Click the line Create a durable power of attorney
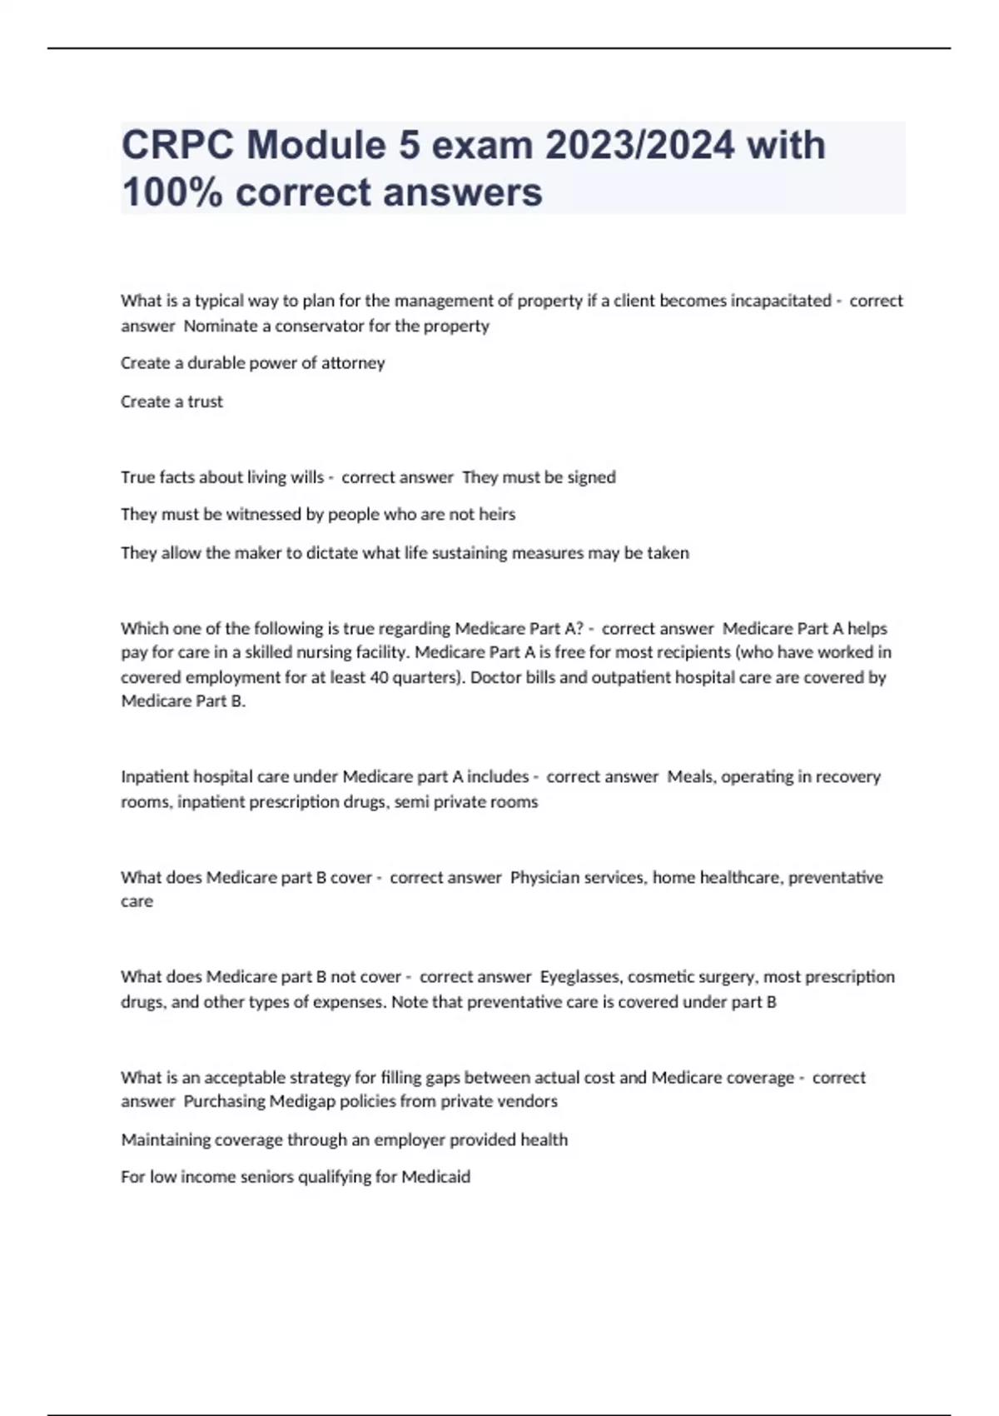pyautogui.click(x=253, y=363)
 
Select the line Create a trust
pyautogui.click(x=171, y=401)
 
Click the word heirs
pyautogui.click(x=497, y=515)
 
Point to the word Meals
pyautogui.click(x=690, y=776)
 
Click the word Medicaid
pyautogui.click(x=435, y=1177)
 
